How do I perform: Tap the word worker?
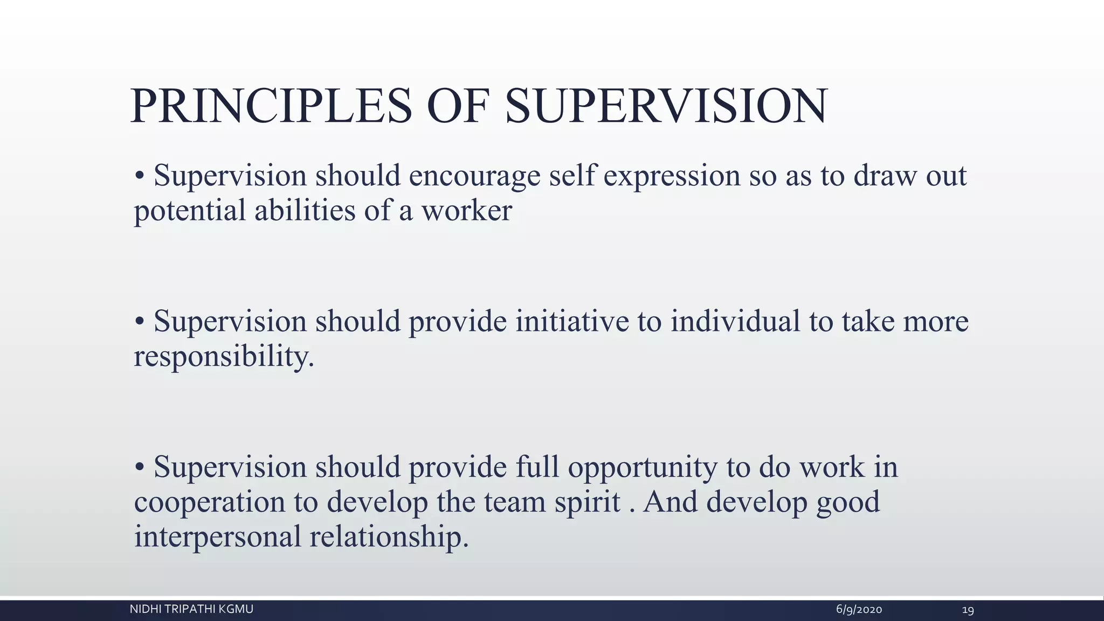pyautogui.click(x=466, y=211)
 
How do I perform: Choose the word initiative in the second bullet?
pyautogui.click(x=572, y=322)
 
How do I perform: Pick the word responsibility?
pyautogui.click(x=224, y=357)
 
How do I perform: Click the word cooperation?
pyautogui.click(x=209, y=502)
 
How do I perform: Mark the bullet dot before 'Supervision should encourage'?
pyautogui.click(x=140, y=176)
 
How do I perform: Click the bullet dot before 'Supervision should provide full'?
pyautogui.click(x=140, y=467)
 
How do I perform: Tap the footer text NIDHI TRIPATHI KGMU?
pyautogui.click(x=191, y=610)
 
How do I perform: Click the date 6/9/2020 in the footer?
pyautogui.click(x=859, y=610)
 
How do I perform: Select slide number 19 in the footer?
pyautogui.click(x=968, y=610)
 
